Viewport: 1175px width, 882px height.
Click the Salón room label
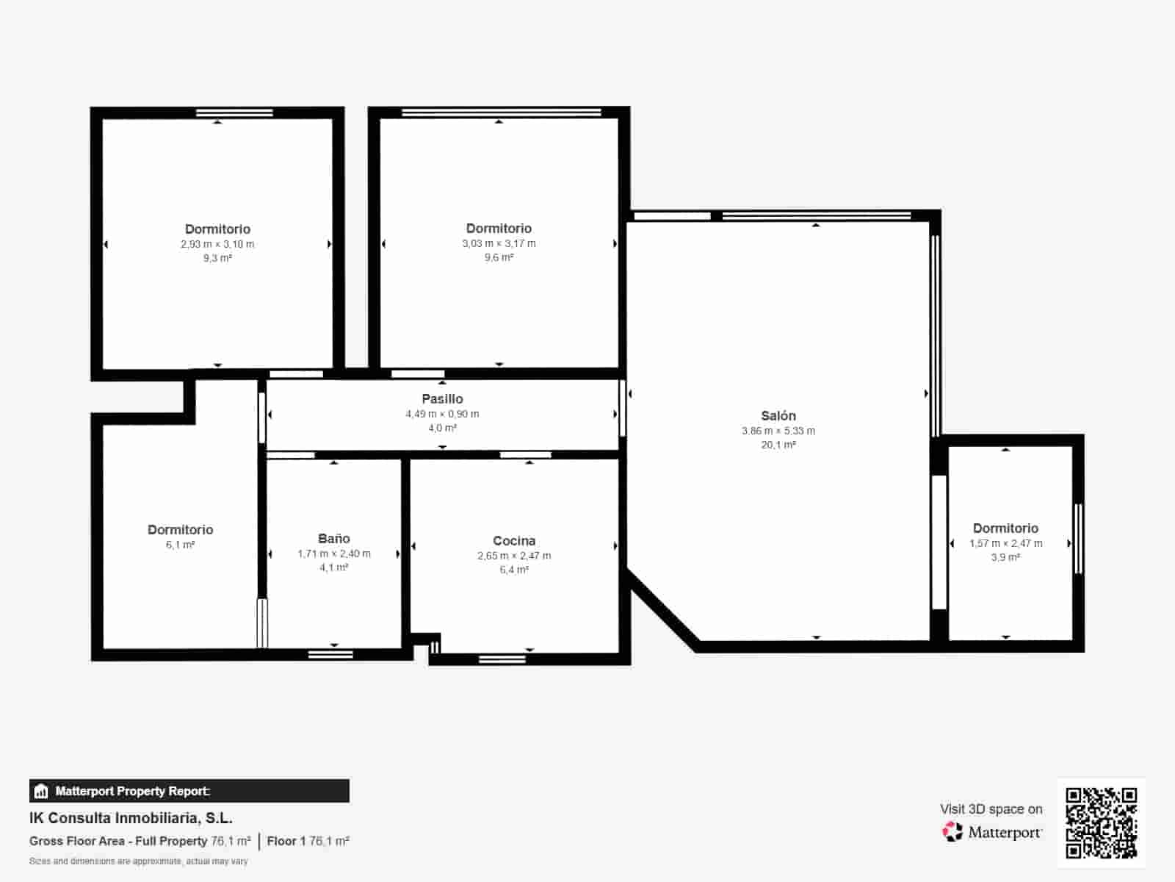(x=778, y=415)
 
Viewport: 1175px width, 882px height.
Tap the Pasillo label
(x=442, y=399)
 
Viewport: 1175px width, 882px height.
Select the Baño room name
(x=333, y=538)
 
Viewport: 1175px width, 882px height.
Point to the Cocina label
(x=514, y=541)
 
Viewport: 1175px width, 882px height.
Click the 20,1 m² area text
(x=778, y=445)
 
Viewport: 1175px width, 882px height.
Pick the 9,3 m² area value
(x=217, y=258)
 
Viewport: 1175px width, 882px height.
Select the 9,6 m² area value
(x=499, y=257)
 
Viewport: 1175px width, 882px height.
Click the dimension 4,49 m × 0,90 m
(x=442, y=414)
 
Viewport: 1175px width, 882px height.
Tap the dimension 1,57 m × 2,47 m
(x=1005, y=543)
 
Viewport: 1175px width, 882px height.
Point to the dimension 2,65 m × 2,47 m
(x=514, y=556)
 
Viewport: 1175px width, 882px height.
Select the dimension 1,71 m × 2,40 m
(x=334, y=553)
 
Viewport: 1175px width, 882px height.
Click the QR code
(x=1101, y=822)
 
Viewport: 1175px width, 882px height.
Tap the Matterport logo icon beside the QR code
(x=952, y=832)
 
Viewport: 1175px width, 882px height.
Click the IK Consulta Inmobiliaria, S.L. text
(x=131, y=818)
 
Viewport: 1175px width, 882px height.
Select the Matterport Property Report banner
(x=189, y=791)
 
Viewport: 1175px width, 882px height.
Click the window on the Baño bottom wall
(x=330, y=654)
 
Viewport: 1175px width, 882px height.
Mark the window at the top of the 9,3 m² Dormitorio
(x=234, y=112)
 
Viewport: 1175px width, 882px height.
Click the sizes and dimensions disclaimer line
(x=139, y=861)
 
